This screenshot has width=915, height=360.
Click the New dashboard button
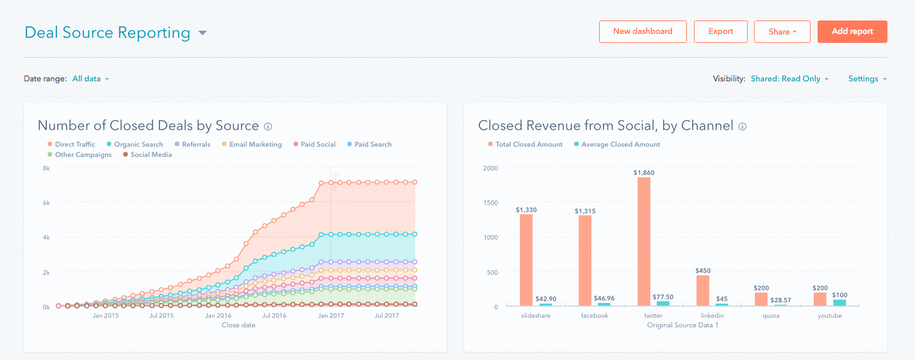pos(643,31)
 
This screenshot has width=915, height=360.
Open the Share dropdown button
pos(782,31)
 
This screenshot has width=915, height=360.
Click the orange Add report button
pos(852,31)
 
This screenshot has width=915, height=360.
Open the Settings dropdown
pos(867,79)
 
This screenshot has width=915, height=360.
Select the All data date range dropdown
pos(90,79)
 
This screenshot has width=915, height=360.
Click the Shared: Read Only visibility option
pos(789,79)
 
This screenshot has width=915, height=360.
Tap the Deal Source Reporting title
pos(108,33)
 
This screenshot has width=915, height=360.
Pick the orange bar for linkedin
pos(703,290)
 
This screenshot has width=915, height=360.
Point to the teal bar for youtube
pos(839,302)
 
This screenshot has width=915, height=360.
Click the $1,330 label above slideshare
pos(526,209)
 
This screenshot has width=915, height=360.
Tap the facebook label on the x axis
pos(595,316)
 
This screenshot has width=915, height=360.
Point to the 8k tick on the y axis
pos(46,168)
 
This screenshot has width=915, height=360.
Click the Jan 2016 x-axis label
pos(218,316)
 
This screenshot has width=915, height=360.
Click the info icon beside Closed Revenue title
pos(743,127)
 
